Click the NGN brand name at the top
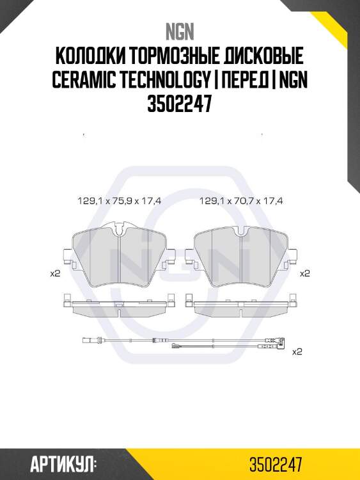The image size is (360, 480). (x=180, y=30)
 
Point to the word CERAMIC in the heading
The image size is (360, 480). (x=87, y=81)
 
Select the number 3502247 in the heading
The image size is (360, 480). (x=180, y=104)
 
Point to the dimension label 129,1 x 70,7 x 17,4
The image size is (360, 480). (x=242, y=200)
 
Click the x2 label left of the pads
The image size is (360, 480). (x=55, y=273)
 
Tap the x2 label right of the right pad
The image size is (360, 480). (x=305, y=273)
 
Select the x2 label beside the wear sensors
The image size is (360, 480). (x=297, y=352)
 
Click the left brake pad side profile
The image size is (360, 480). (x=119, y=305)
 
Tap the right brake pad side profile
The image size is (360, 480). (x=241, y=305)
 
